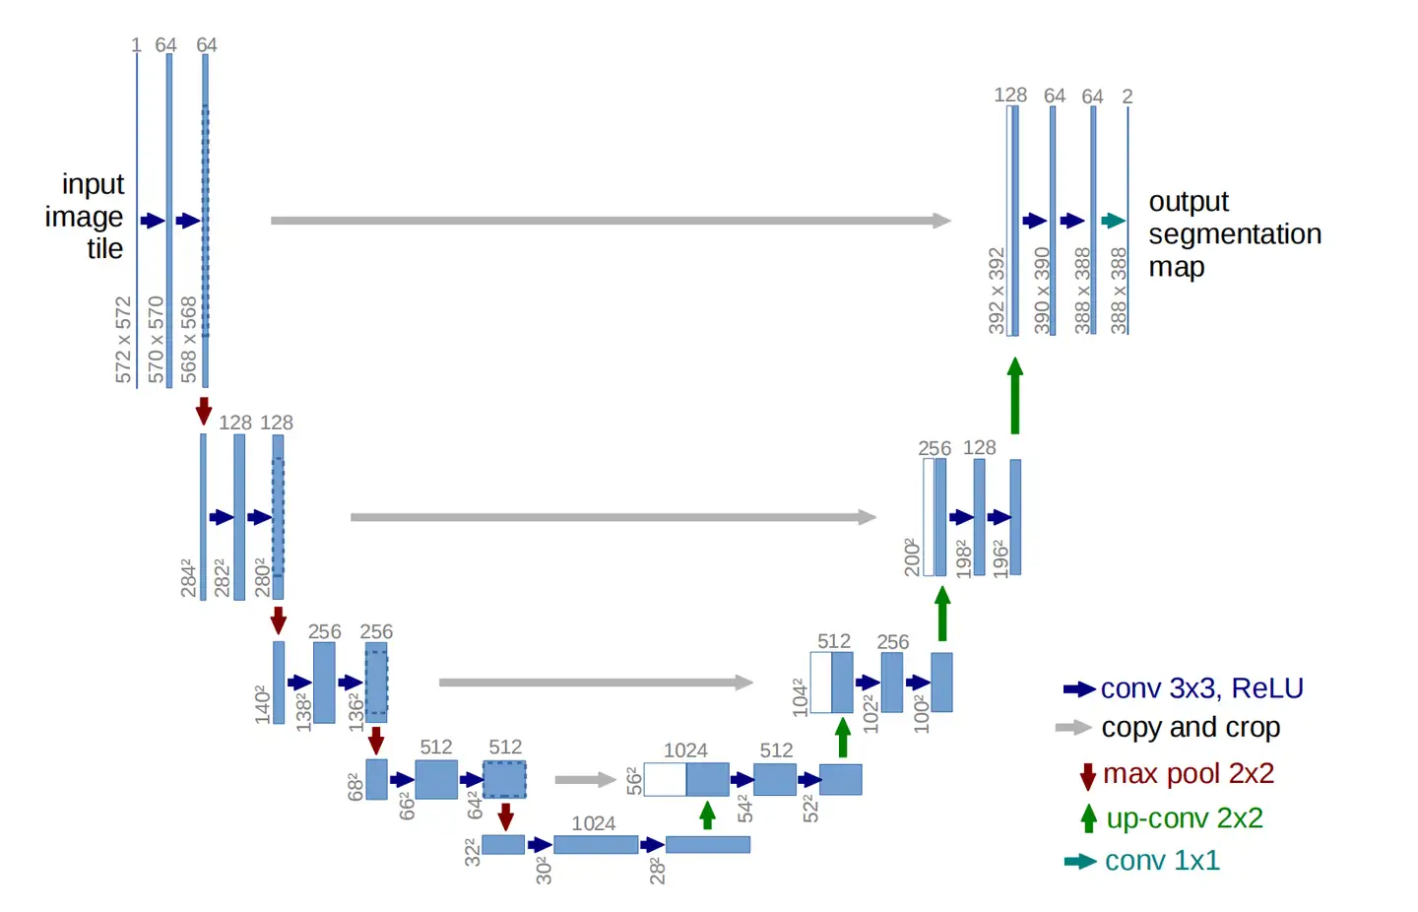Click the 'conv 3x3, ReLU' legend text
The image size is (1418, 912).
(1201, 688)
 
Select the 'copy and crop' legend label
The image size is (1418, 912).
(1191, 728)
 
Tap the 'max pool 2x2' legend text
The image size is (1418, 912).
(1188, 774)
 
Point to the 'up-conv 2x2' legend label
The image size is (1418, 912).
(1184, 818)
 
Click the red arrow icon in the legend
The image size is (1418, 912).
(1087, 776)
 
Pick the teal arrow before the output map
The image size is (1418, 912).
(1113, 221)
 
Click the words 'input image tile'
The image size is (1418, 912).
(87, 217)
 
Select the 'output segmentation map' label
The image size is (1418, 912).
(1234, 234)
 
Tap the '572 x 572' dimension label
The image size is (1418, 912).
(123, 340)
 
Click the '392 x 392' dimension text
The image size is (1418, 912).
(997, 291)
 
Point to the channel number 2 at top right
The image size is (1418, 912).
(1128, 97)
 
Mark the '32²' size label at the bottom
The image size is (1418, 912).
(473, 852)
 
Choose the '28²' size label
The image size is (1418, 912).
(657, 871)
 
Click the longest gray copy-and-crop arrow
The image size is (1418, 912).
(611, 221)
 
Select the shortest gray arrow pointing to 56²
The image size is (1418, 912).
(585, 780)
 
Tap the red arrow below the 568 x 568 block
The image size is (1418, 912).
(204, 411)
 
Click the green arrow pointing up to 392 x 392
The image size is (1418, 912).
(1015, 395)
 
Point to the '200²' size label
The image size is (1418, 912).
(913, 557)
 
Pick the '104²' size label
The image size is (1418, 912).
(800, 696)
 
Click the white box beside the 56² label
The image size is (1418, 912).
(665, 780)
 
